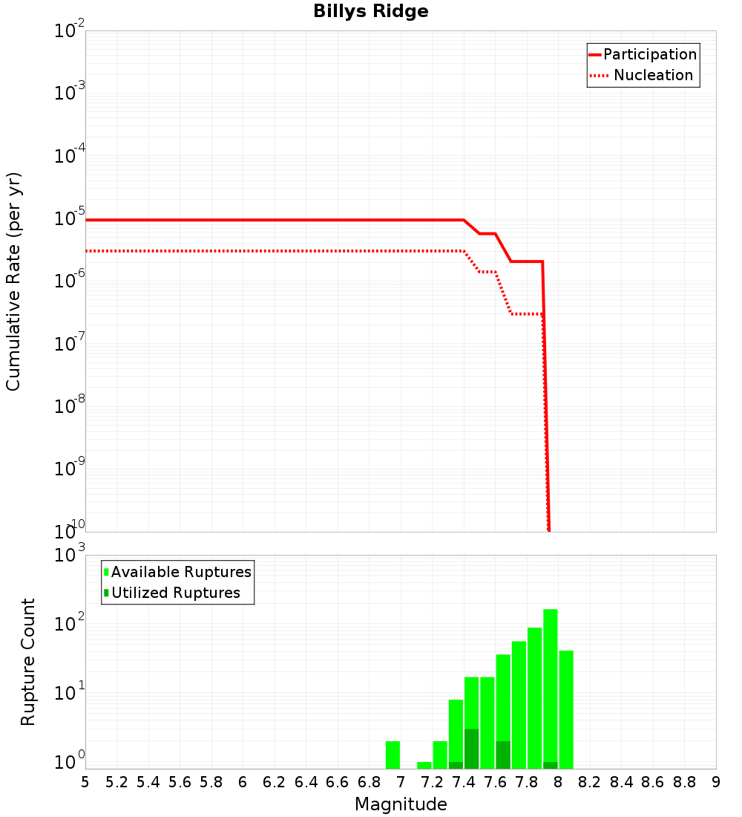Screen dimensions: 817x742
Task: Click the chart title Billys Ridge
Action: point(370,12)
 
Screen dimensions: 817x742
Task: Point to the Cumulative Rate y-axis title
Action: point(13,281)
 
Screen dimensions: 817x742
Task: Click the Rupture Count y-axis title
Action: point(28,662)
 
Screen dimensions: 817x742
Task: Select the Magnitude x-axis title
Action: point(401,804)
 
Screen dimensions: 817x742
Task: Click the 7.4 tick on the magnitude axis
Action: point(464,782)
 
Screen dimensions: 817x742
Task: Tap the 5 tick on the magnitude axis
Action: point(85,782)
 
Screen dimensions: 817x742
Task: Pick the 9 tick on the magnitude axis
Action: point(716,782)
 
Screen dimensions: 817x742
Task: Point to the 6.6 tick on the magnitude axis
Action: point(338,782)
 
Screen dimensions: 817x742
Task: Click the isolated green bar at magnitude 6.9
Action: point(393,755)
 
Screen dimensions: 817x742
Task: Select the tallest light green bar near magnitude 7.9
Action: point(550,683)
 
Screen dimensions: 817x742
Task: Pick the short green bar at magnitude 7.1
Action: point(424,765)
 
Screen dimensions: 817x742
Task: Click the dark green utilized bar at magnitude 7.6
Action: point(503,755)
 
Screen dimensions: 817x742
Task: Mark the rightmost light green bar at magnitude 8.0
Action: point(566,709)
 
